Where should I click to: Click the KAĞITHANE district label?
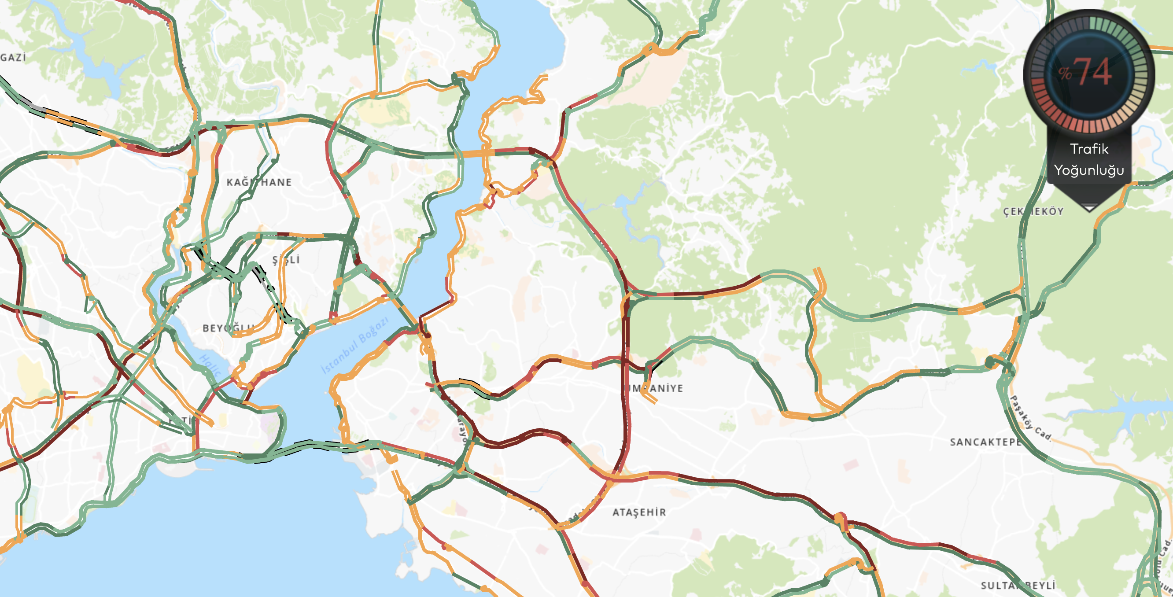pos(259,182)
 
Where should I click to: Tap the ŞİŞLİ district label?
pos(286,260)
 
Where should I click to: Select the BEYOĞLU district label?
pos(228,328)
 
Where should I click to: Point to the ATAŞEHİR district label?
pos(639,512)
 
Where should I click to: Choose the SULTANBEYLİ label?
pos(1018,585)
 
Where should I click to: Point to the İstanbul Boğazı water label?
pos(355,346)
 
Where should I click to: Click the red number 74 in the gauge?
pos(1095,72)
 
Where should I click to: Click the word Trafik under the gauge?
pos(1089,149)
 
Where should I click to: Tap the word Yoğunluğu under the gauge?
pos(1089,170)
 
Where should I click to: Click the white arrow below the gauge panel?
pos(1089,208)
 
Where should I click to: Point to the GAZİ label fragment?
pos(13,57)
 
